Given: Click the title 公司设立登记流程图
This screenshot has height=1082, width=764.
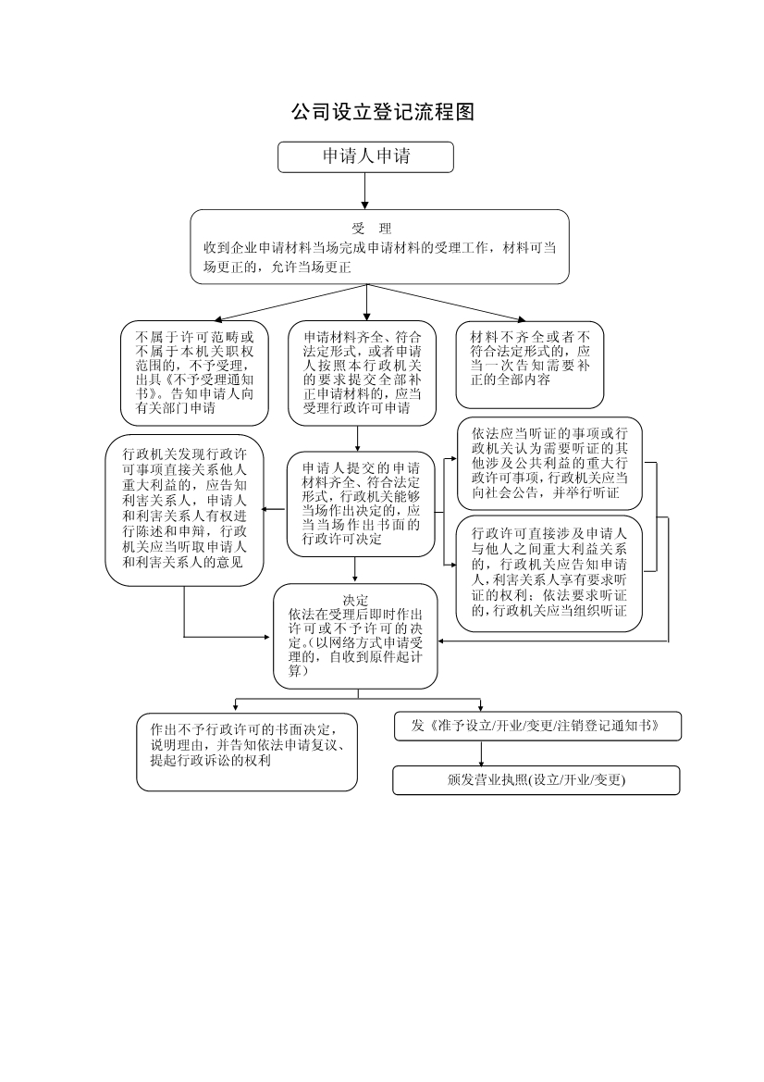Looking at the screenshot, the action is (x=383, y=112).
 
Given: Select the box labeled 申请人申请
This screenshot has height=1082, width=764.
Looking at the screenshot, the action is (x=365, y=156).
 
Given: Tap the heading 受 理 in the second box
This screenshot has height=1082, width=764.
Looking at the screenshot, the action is (x=372, y=230).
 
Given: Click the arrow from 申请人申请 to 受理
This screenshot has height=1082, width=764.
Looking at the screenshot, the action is (x=364, y=191).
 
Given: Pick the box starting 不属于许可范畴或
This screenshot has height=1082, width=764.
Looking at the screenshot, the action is (x=194, y=373).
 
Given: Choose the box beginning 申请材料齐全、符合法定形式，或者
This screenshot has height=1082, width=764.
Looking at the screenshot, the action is (x=362, y=373).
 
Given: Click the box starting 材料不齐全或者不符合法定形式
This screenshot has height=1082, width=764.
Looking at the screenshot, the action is (x=530, y=365).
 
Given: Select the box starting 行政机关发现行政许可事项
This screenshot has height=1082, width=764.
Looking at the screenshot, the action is (x=184, y=510).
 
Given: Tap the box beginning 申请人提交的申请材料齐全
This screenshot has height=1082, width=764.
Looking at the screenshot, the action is (x=361, y=504).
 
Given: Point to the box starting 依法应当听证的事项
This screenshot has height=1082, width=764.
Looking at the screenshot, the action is (x=549, y=463).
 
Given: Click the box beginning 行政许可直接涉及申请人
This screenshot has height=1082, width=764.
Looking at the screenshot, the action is (x=549, y=573).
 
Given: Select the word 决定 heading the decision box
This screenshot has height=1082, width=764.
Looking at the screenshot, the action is (x=356, y=600).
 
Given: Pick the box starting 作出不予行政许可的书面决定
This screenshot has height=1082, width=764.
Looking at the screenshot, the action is (x=247, y=752).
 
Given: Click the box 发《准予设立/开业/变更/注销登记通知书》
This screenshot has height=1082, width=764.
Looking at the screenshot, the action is (x=537, y=726).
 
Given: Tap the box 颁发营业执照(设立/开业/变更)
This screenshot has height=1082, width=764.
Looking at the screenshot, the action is (x=536, y=779).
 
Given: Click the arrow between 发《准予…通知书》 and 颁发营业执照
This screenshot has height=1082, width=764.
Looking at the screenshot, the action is (x=481, y=752).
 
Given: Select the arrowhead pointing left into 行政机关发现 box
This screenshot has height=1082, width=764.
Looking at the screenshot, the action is (x=268, y=510).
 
